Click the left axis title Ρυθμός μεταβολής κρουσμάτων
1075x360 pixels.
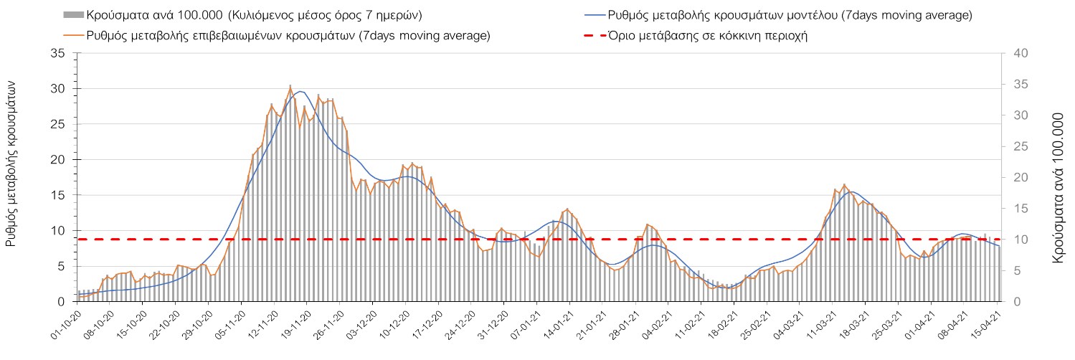point(11,164)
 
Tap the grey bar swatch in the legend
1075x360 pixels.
point(74,15)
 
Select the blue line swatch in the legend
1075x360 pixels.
point(595,15)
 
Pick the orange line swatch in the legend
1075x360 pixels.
point(74,35)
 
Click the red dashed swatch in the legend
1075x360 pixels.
point(595,35)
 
